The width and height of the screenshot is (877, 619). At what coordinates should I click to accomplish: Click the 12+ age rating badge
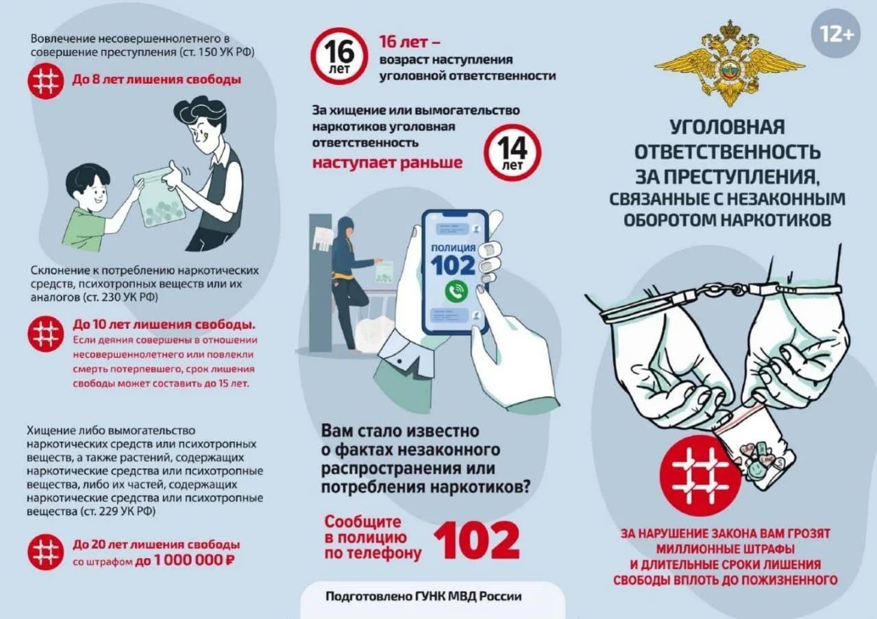(x=835, y=34)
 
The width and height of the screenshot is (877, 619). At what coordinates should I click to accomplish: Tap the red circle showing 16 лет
(x=338, y=56)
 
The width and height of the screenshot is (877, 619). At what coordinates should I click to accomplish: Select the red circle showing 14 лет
(x=512, y=153)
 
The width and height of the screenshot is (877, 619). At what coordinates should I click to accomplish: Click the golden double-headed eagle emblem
(x=729, y=62)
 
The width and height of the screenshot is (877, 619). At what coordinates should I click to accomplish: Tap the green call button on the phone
(x=456, y=291)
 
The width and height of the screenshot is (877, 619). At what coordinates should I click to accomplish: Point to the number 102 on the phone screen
(x=453, y=265)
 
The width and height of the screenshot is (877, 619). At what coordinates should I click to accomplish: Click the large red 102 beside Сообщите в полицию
(x=476, y=541)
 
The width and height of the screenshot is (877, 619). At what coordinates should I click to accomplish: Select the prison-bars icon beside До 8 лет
(x=46, y=81)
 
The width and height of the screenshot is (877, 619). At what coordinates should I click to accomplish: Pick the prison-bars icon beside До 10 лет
(x=46, y=334)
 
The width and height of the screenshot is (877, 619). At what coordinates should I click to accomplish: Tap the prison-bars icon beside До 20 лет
(x=46, y=552)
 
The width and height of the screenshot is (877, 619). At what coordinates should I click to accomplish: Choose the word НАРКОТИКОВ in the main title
(x=776, y=220)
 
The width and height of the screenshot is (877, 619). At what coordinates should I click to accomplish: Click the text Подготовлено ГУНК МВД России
(x=423, y=596)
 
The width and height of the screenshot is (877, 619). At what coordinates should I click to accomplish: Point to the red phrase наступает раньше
(x=387, y=162)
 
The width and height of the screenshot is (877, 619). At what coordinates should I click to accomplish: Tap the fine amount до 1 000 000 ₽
(x=185, y=561)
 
